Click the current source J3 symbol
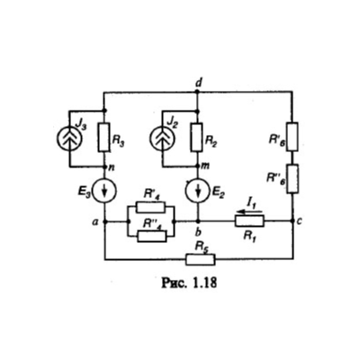point(69,139)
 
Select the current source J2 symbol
point(162,139)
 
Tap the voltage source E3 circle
point(104,191)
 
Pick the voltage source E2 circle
point(198,191)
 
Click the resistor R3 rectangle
point(104,137)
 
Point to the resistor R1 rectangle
point(249,221)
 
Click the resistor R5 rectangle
point(201,259)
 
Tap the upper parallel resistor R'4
point(150,207)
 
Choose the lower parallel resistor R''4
point(152,237)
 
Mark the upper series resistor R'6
point(292,137)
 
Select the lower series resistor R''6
point(292,178)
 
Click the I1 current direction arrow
point(249,212)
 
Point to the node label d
point(198,83)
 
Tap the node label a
point(95,222)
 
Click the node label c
point(300,221)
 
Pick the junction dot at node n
point(104,166)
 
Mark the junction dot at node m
point(197,166)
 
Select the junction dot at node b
point(198,221)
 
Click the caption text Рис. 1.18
point(189,283)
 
